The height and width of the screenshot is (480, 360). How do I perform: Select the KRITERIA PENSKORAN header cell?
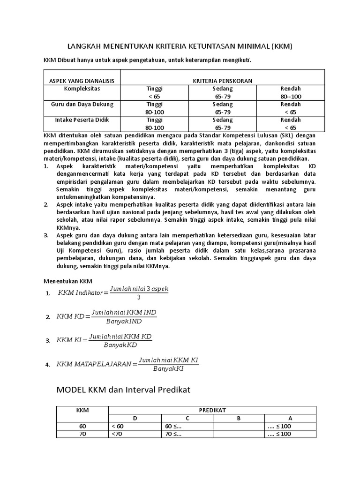pos(222,81)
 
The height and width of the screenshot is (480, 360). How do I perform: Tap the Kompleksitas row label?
pos(82,88)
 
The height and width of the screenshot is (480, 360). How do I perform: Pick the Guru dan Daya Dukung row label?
pos(82,104)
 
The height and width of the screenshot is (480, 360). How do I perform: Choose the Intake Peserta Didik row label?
pos(82,120)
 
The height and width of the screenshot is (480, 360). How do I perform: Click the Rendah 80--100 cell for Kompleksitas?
pos(291,92)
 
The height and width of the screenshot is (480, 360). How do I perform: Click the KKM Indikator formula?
pos(112,293)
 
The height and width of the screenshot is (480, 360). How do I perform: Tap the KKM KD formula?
pos(106,316)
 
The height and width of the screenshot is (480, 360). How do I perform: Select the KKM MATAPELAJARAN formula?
pos(127,363)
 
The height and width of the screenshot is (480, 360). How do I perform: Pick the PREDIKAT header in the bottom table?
pos(212,410)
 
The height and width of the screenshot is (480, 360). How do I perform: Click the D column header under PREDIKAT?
pos(135,418)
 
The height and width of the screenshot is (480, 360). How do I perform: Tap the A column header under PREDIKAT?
pos(290,418)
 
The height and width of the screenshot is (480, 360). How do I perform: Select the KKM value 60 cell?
pos(82,426)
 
